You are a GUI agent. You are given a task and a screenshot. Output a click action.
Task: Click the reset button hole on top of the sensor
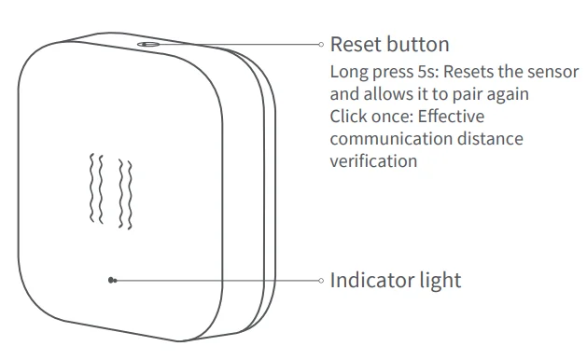(x=148, y=43)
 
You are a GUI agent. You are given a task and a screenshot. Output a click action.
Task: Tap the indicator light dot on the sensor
(x=112, y=279)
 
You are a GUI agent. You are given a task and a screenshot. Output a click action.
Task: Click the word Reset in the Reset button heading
(x=353, y=44)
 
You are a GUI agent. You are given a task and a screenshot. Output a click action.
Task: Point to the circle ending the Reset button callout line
(x=320, y=44)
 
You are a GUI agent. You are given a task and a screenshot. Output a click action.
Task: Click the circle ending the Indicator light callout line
(x=320, y=280)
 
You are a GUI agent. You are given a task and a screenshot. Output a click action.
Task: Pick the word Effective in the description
(x=450, y=117)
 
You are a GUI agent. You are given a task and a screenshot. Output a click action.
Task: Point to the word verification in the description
(x=372, y=161)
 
